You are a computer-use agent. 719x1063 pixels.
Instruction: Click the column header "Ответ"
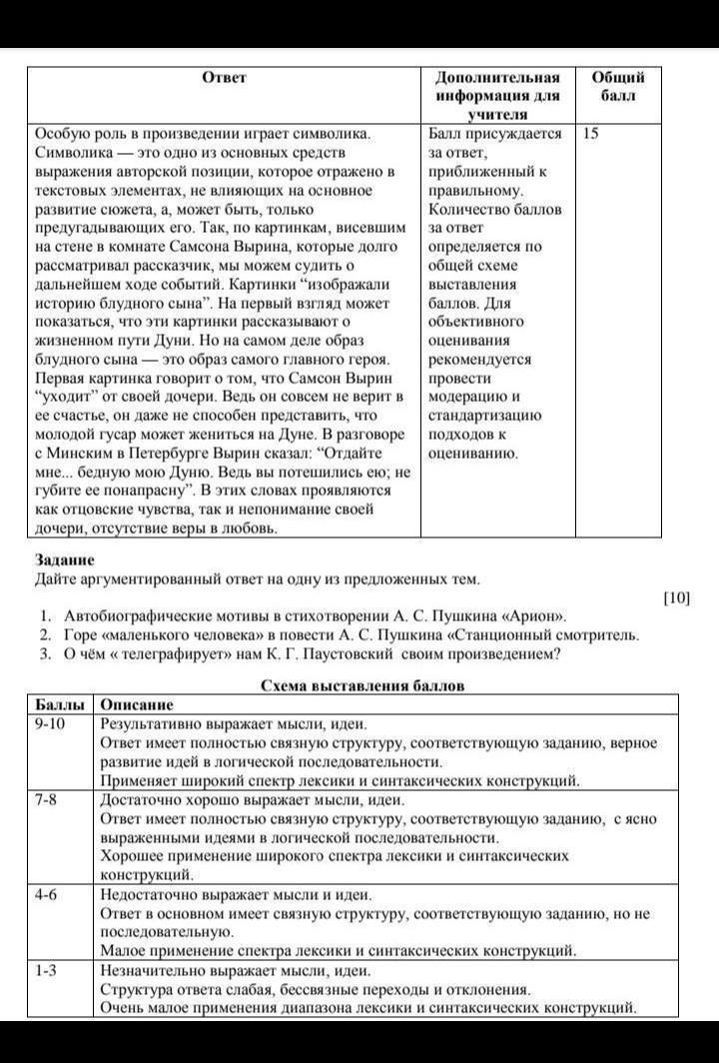(224, 77)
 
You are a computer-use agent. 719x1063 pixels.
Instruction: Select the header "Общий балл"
(618, 87)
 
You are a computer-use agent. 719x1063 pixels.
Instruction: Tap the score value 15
(590, 132)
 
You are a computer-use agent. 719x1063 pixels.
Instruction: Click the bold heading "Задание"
(65, 559)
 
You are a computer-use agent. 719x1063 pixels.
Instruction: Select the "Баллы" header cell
(58, 704)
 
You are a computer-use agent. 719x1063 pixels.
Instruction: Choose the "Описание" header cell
(137, 704)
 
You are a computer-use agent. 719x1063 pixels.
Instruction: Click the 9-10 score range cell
(49, 723)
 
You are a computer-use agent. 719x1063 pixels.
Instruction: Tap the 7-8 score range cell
(45, 800)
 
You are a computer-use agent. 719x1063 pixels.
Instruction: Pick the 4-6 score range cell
(45, 895)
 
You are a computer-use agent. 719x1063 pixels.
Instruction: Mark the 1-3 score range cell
(45, 970)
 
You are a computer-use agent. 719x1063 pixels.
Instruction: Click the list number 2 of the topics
(45, 635)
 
